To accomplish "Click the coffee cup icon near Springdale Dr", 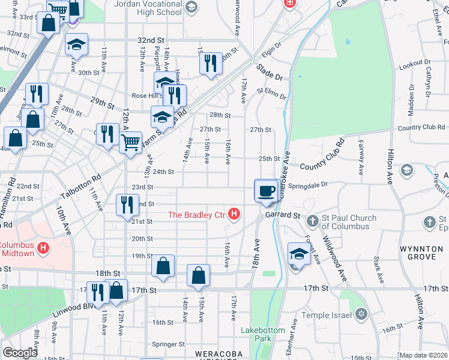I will (266, 191).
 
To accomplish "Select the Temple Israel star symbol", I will (360, 314).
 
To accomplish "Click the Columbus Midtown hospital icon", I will (43, 247).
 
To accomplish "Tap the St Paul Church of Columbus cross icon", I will (312, 222).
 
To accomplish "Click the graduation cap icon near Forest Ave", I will (298, 253).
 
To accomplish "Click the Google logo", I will (20, 353).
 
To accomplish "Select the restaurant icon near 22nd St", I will (127, 205).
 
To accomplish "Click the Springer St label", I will (168, 344).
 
